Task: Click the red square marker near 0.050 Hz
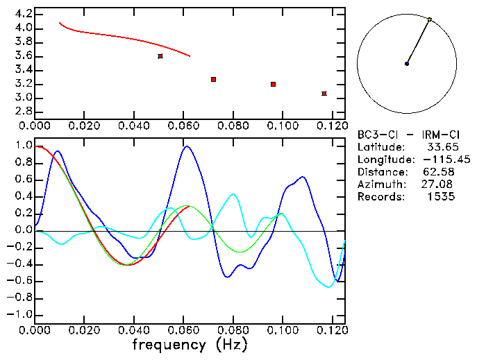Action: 160,55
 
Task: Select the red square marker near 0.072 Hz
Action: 214,80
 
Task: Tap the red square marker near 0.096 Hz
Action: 274,84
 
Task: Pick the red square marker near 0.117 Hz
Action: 324,94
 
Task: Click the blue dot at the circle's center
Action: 407,64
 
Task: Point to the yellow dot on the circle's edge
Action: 430,19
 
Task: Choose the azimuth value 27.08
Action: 440,185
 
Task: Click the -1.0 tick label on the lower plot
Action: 19,315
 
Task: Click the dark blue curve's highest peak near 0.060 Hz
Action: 185,146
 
